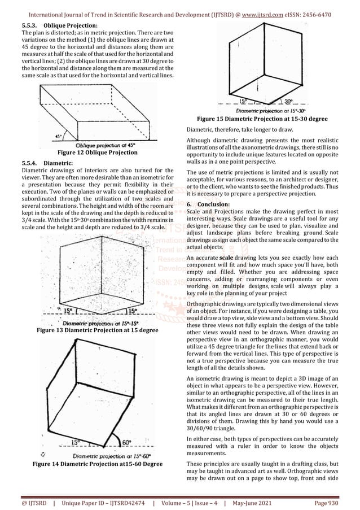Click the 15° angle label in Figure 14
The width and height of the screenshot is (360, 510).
coord(75,442)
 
